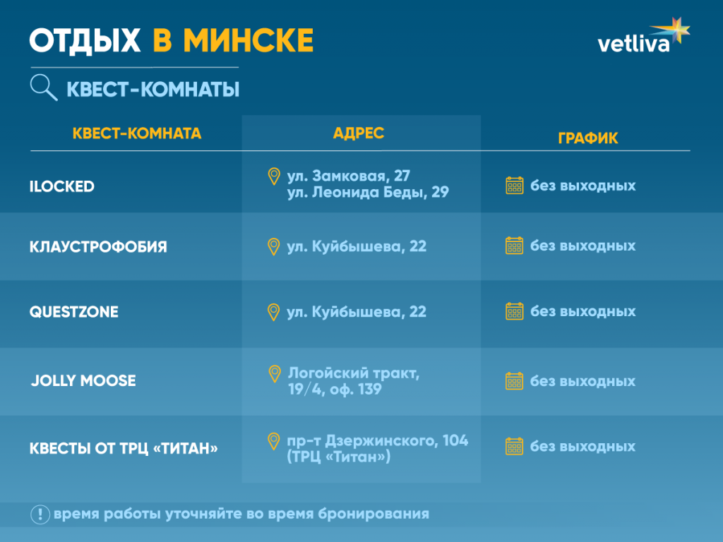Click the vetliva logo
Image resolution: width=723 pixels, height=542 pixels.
(x=643, y=39)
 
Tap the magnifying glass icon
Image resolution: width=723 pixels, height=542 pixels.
(x=43, y=88)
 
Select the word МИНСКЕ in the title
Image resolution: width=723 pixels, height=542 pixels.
(x=248, y=40)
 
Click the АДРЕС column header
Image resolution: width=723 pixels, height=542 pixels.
(x=359, y=133)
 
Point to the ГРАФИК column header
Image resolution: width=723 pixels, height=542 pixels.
(x=587, y=138)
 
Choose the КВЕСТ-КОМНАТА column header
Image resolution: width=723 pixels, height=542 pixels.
(x=137, y=133)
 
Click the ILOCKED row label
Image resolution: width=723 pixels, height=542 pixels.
(x=62, y=187)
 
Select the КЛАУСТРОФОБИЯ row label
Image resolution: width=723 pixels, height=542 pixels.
(x=98, y=247)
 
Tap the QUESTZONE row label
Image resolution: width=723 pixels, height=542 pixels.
(x=73, y=312)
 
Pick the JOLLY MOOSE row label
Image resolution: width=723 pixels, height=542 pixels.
(x=83, y=381)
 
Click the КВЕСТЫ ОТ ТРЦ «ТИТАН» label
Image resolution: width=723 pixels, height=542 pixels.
(x=124, y=449)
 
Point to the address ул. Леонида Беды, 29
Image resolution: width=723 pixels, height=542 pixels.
(x=368, y=192)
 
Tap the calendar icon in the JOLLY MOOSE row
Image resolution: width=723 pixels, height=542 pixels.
(x=515, y=381)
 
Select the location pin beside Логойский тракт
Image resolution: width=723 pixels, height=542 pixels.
(x=274, y=373)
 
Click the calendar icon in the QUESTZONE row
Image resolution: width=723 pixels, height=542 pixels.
(x=515, y=311)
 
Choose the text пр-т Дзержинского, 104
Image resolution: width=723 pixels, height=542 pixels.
(x=377, y=441)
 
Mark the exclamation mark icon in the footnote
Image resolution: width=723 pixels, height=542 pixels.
(x=40, y=514)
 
